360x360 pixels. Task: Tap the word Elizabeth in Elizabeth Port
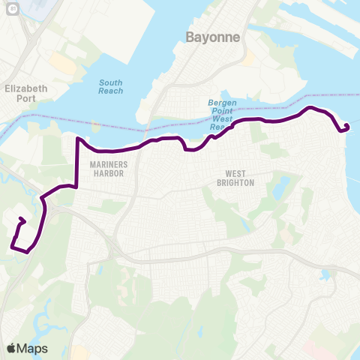tap(25, 88)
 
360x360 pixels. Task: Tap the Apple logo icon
tap(12, 348)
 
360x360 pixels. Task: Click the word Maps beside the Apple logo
tap(33, 348)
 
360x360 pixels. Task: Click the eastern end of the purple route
tap(346, 125)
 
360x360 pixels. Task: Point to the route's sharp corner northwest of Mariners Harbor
tap(76, 139)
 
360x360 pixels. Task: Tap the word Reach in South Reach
tap(110, 91)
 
